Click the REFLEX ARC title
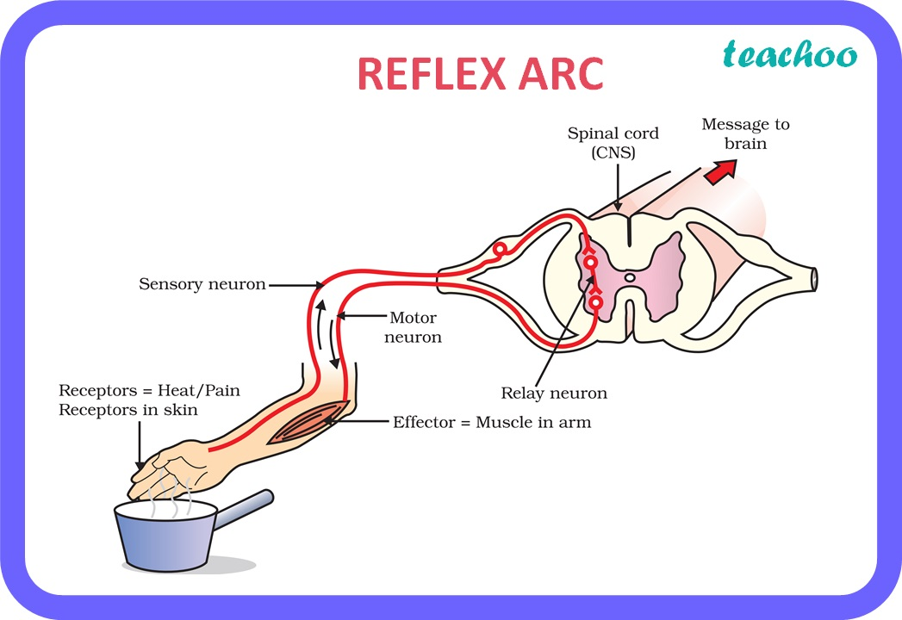coord(480,74)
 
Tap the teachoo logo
coord(790,55)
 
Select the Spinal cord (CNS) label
coord(613,142)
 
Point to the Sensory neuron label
coord(202,283)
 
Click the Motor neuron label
coord(414,326)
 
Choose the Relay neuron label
coord(554,393)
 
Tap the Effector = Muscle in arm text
coord(492,422)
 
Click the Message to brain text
coord(745,133)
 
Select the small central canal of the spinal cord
coord(630,277)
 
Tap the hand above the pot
coord(172,468)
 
